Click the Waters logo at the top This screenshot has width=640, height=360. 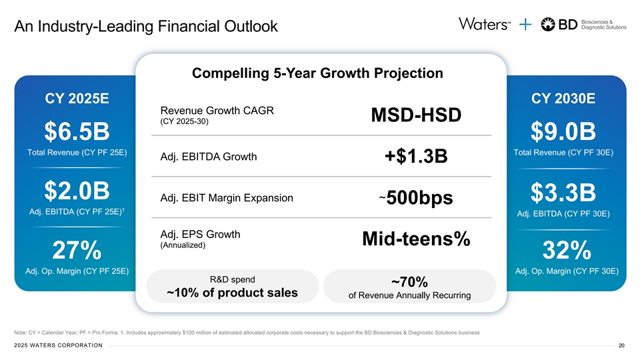[484, 24]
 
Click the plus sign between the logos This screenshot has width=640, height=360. [525, 25]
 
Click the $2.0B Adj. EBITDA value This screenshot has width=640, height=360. [77, 189]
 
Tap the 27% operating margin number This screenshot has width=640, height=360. [77, 251]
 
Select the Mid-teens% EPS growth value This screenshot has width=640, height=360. [416, 239]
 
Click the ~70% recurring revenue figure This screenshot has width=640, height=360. [409, 283]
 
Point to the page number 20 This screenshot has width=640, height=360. [621, 345]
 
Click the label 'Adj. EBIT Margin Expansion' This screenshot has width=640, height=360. [227, 198]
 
